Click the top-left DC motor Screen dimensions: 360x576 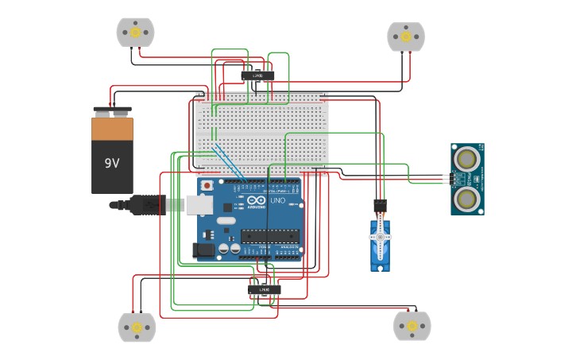pyautogui.click(x=135, y=32)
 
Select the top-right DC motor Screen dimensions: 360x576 pyautogui.click(x=406, y=36)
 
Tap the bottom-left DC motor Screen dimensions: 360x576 pyautogui.click(x=137, y=327)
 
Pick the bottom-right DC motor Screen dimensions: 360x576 pyautogui.click(x=412, y=325)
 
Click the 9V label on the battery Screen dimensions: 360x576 pyautogui.click(x=112, y=163)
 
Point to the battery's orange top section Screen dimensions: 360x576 pyautogui.click(x=112, y=128)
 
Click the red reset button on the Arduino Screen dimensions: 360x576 pyautogui.click(x=207, y=185)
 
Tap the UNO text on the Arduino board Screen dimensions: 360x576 pyautogui.click(x=278, y=201)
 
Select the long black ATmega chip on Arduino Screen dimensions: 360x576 pyautogui.click(x=270, y=235)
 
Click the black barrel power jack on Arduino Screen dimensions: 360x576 pyautogui.click(x=204, y=250)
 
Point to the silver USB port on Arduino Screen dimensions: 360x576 pyautogui.click(x=199, y=204)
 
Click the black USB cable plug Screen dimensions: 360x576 pyautogui.click(x=147, y=204)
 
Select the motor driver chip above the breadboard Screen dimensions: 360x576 pyautogui.click(x=257, y=75)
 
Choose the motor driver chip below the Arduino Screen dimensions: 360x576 pyautogui.click(x=264, y=289)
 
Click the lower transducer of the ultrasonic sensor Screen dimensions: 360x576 pyautogui.click(x=466, y=197)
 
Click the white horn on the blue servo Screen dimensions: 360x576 pyautogui.click(x=380, y=238)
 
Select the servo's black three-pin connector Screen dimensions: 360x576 pyautogui.click(x=380, y=205)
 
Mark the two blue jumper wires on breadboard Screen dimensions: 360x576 pyautogui.click(x=228, y=161)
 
